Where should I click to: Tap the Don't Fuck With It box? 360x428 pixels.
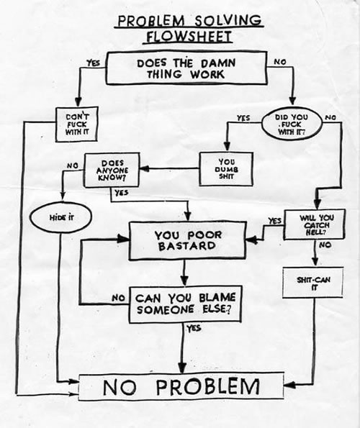(76, 124)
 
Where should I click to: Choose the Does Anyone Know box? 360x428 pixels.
(112, 169)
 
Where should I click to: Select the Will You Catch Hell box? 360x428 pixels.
(315, 224)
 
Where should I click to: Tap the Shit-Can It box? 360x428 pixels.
(312, 283)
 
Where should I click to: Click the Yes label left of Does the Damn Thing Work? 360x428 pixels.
(93, 63)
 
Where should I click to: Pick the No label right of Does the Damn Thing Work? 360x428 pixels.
(279, 62)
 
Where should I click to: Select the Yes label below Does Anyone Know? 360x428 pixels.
(121, 192)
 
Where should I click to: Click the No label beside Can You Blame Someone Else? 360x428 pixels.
(119, 296)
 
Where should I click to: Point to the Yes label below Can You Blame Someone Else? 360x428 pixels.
(194, 328)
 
